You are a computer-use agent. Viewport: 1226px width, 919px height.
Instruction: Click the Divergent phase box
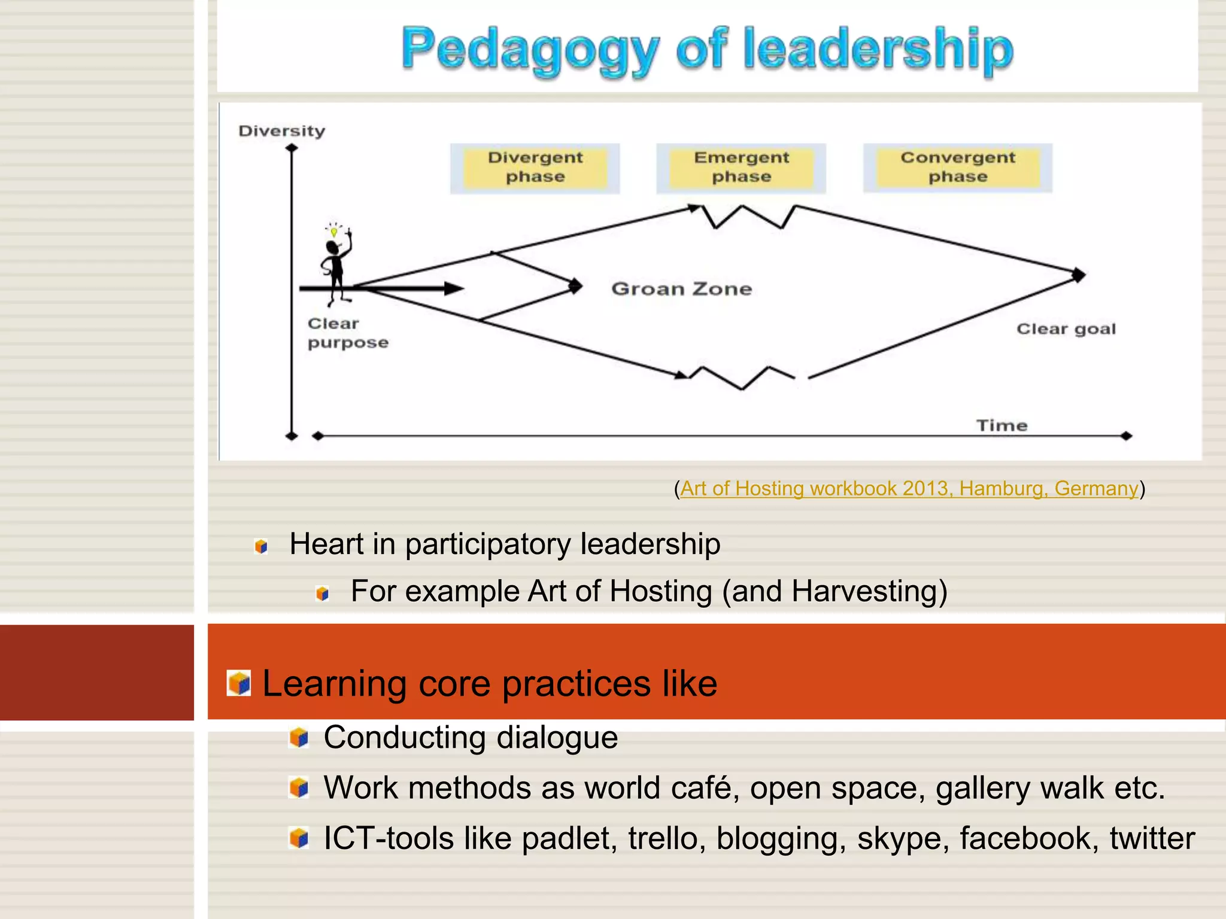click(x=535, y=168)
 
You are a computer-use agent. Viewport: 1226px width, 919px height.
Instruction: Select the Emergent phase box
click(x=741, y=168)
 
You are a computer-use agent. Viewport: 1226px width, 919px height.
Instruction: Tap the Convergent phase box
click(x=957, y=168)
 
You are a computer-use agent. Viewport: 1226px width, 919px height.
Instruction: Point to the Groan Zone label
click(x=681, y=289)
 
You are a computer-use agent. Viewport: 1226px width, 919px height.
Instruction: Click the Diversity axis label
click(x=281, y=131)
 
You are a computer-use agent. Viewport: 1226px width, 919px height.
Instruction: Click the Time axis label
click(x=1002, y=425)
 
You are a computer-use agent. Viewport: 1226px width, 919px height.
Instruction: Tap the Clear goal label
click(x=1066, y=329)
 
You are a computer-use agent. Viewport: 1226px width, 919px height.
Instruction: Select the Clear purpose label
click(x=347, y=333)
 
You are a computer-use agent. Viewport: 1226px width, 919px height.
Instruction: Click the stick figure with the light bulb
click(x=336, y=263)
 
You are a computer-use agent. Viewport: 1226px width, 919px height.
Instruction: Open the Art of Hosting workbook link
click(x=909, y=489)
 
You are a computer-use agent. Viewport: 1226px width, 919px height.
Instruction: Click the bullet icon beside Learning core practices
click(x=239, y=683)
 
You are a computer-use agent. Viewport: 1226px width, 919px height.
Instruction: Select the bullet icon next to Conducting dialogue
click(x=299, y=738)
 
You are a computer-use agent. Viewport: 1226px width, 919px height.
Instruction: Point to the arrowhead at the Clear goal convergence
click(x=1078, y=275)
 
